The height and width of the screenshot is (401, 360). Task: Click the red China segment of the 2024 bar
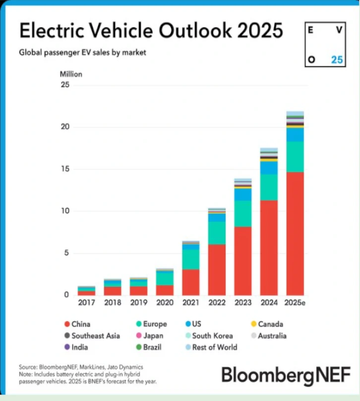pos(269,248)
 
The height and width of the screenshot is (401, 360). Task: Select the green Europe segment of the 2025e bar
pos(295,157)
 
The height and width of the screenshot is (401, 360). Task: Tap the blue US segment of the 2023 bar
pos(243,194)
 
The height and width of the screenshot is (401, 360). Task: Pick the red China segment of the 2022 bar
pos(217,270)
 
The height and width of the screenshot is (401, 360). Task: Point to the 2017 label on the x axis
pos(86,302)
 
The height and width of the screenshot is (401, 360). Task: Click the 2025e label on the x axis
pos(295,302)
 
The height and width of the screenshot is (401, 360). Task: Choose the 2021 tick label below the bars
pos(190,302)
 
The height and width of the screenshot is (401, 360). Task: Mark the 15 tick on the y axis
pos(64,170)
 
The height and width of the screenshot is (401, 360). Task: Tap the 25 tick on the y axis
pos(64,85)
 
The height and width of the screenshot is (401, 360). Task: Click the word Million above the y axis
pos(71,74)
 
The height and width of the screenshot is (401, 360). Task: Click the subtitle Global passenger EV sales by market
pos(82,52)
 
